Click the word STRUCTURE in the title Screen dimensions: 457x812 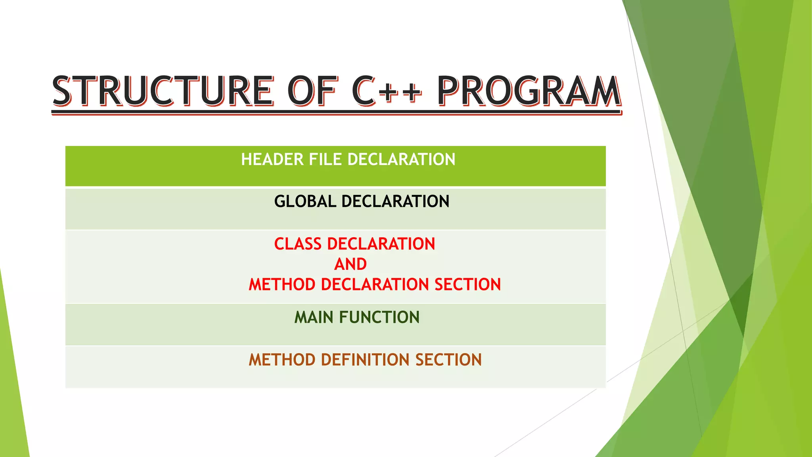(x=163, y=91)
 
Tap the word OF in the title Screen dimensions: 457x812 (x=312, y=91)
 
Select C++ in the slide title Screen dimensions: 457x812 (x=386, y=91)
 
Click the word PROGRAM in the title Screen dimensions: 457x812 (x=529, y=91)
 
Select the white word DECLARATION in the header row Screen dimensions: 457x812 (x=401, y=159)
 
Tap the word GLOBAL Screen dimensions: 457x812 (x=305, y=202)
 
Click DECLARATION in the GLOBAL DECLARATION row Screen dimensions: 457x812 (x=395, y=202)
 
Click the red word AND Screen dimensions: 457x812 (x=350, y=264)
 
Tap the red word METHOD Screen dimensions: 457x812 (x=282, y=285)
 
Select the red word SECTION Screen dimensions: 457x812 (x=467, y=285)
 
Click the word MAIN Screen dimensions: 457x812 (x=314, y=317)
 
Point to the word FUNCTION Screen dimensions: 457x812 (x=379, y=317)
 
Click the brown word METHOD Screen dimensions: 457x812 (x=282, y=360)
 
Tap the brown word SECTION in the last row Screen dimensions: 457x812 (x=448, y=360)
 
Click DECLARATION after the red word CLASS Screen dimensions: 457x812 (x=381, y=244)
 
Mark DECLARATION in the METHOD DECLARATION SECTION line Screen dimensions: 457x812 (x=375, y=285)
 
